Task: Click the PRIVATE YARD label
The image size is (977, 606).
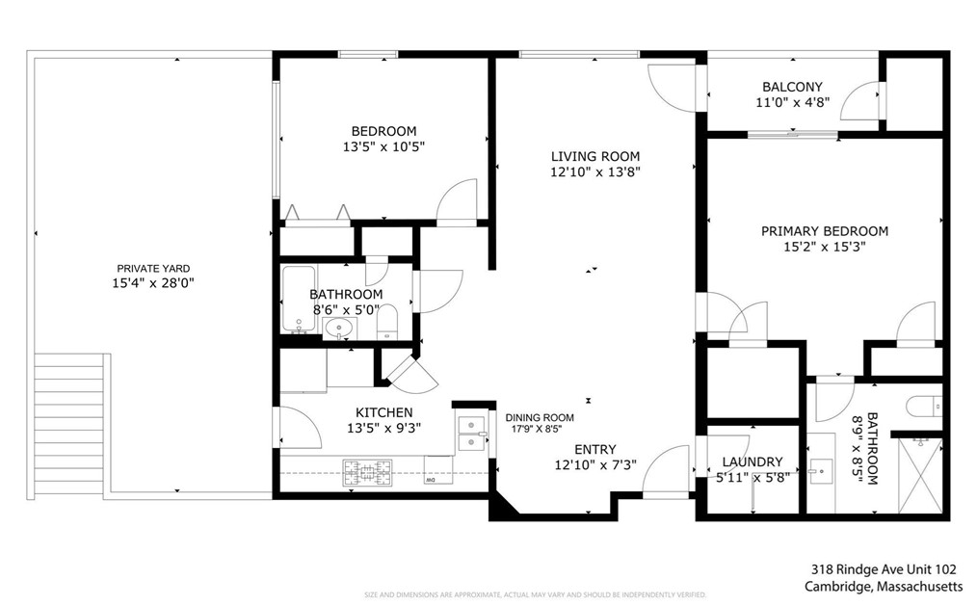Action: coord(153,269)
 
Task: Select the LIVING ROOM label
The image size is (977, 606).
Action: coord(594,156)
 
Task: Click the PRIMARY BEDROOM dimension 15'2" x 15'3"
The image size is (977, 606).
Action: coord(825,248)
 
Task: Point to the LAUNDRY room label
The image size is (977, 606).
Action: coord(752,461)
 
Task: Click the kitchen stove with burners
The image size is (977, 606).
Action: coord(367,472)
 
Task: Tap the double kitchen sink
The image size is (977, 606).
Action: coord(470,433)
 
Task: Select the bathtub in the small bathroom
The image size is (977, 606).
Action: coord(300,299)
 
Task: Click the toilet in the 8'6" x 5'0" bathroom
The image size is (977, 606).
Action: coord(387,322)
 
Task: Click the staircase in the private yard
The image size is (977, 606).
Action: coord(69,423)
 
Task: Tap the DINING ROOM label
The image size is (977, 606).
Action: coord(540,417)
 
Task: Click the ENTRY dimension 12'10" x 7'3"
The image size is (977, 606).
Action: coord(594,465)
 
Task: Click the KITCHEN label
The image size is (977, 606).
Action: coord(383,412)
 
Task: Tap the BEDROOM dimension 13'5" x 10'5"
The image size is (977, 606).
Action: coord(383,147)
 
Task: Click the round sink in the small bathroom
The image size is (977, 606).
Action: coord(338,329)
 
